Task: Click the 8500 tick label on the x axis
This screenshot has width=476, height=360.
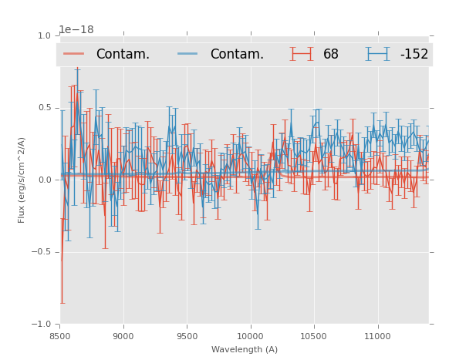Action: tap(60, 336)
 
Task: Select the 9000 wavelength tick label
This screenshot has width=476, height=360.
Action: tap(123, 336)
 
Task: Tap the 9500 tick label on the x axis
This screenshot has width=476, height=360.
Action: tap(187, 336)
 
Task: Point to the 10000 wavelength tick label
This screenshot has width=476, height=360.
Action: tap(250, 336)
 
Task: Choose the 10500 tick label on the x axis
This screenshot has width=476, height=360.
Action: tap(313, 336)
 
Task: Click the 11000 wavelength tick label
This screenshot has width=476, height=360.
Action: tap(376, 336)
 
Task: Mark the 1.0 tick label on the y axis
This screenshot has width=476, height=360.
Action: tap(44, 36)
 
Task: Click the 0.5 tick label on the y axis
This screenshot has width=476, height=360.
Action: tap(44, 108)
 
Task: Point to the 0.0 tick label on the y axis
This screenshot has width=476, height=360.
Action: tap(44, 180)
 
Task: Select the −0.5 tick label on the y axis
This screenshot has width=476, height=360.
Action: tap(42, 252)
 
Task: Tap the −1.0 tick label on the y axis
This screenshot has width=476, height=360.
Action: tap(42, 325)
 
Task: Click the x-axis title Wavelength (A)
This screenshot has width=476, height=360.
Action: tap(245, 349)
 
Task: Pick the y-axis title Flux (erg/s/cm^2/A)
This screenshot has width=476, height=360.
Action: tap(22, 180)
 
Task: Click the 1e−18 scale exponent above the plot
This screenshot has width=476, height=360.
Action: tap(76, 29)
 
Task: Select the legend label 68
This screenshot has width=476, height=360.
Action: tap(330, 55)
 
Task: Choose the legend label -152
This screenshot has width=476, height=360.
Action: tap(414, 55)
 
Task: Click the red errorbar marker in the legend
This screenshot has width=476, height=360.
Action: tap(302, 54)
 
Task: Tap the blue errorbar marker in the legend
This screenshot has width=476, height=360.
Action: tap(378, 54)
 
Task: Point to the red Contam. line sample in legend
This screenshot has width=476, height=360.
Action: tap(74, 54)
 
